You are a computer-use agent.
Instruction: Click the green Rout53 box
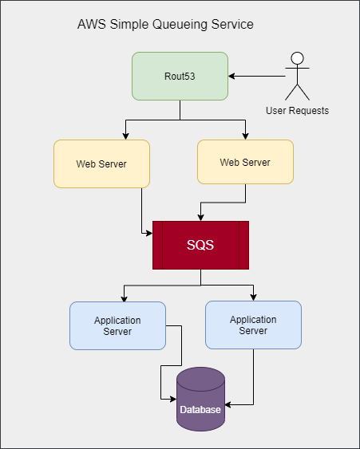click(x=180, y=76)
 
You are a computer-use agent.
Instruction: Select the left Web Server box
click(x=101, y=163)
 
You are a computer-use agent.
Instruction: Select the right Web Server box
click(x=245, y=163)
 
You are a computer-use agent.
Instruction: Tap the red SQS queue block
click(x=200, y=245)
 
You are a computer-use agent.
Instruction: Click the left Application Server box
click(x=117, y=325)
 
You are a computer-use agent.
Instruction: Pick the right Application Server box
click(x=253, y=325)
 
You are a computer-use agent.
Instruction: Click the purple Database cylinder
click(x=200, y=400)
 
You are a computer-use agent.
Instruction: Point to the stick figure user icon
click(x=297, y=76)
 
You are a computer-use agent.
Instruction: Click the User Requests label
click(x=297, y=110)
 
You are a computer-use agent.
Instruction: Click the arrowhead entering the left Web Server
click(x=125, y=136)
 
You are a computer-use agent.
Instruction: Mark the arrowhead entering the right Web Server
click(x=245, y=136)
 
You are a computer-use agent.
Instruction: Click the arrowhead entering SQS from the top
click(x=200, y=217)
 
